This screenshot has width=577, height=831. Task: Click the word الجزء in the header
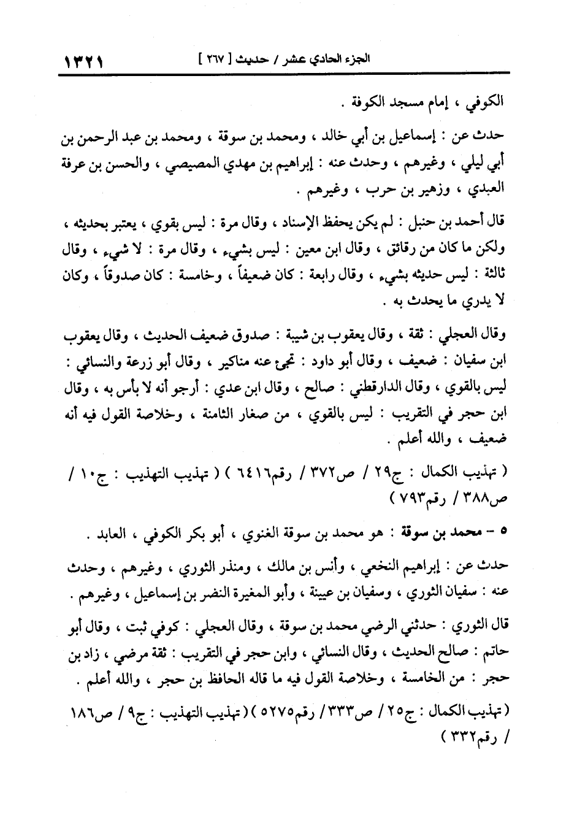point(359,61)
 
